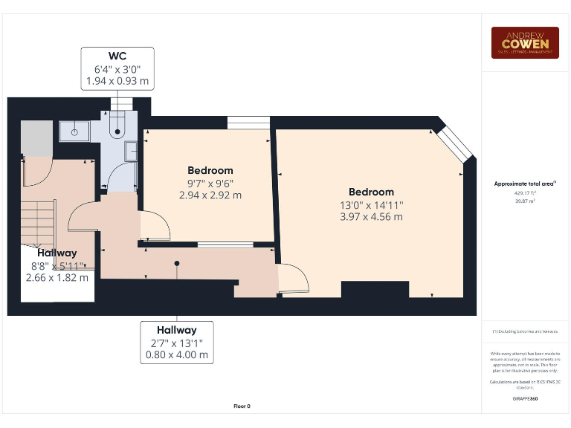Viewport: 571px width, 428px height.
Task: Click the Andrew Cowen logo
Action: click(524, 42)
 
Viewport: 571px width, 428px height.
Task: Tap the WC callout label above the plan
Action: click(117, 69)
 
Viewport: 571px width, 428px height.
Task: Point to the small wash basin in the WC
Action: click(132, 151)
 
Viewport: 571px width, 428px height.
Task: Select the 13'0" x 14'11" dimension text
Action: click(372, 205)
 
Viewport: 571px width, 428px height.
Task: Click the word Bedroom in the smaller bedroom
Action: click(210, 170)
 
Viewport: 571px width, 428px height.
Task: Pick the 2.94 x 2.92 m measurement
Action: click(210, 195)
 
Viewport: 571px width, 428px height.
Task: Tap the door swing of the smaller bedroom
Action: click(154, 226)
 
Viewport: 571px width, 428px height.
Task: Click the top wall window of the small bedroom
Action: click(248, 123)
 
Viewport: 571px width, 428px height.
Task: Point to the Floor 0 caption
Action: click(242, 406)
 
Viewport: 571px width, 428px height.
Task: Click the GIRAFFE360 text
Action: click(525, 399)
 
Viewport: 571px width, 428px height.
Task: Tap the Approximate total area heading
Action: click(525, 184)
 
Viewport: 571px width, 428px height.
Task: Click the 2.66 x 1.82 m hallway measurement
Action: click(58, 278)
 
